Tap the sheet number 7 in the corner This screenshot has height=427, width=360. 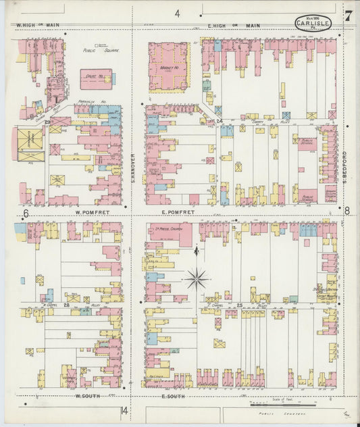pyautogui.click(x=346, y=16)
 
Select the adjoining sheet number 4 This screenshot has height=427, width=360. pyautogui.click(x=178, y=14)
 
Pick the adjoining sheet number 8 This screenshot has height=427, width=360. pyautogui.click(x=347, y=210)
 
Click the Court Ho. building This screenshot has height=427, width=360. pyautogui.click(x=96, y=79)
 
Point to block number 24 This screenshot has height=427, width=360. pyautogui.click(x=220, y=122)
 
